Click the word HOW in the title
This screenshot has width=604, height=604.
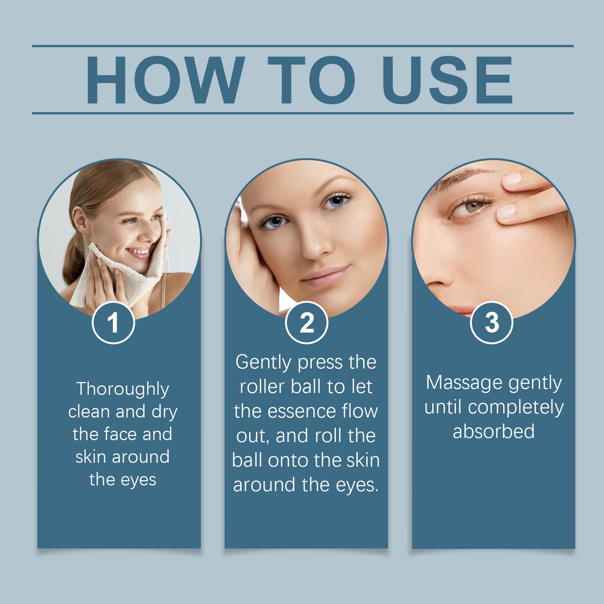pos(165,79)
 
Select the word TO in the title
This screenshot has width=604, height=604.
pos(311,79)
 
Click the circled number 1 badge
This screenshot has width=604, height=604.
pos(113,323)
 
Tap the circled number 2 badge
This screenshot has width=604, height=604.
pos(306,323)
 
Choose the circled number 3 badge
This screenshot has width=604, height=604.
pos(492,323)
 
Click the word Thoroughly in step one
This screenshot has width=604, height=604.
pos(122,389)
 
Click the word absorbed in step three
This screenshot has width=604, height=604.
pos(494,432)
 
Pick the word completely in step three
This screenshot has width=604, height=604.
pos(516,408)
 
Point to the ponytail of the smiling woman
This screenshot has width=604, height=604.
pos(74,255)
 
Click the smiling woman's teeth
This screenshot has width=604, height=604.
pos(139,252)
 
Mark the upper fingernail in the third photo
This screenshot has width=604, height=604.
pos(512,180)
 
